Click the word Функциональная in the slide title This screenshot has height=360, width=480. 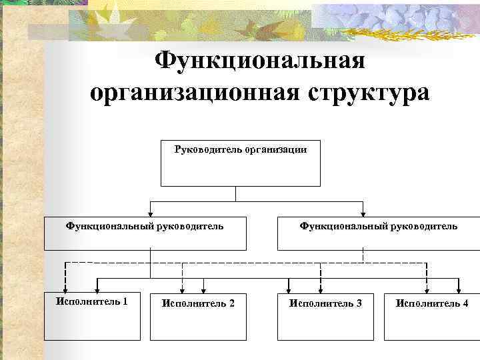pos(260,61)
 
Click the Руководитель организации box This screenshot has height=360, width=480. pos(241,163)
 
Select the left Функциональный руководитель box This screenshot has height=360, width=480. pos(145,233)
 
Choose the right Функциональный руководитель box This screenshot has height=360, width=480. pos(378,233)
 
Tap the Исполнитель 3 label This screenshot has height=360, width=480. pos(325,303)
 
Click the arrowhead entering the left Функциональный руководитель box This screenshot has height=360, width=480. pos(151,213)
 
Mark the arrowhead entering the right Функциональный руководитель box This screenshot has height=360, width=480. pos(363,213)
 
